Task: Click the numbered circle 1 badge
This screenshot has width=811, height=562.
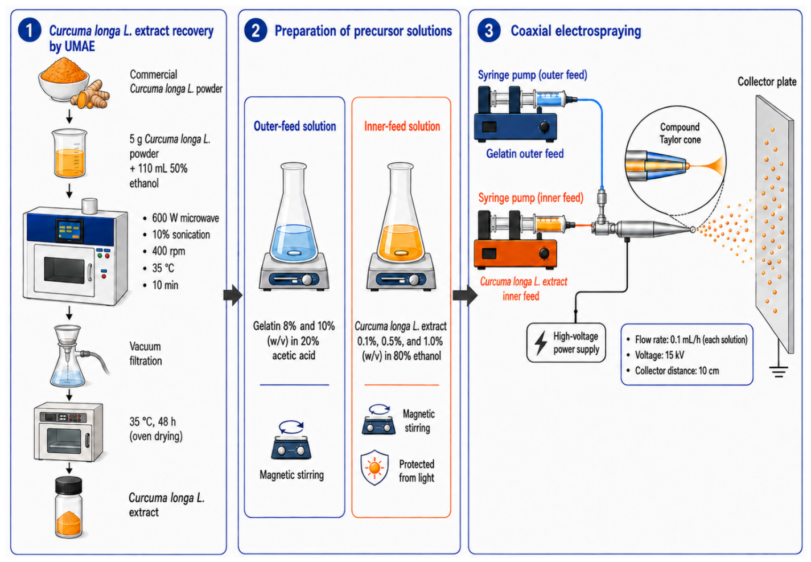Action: pyautogui.click(x=30, y=30)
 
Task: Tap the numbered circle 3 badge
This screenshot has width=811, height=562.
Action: pyautogui.click(x=489, y=30)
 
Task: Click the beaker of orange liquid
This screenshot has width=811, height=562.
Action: pyautogui.click(x=69, y=153)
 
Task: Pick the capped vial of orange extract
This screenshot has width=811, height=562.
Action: pyautogui.click(x=69, y=507)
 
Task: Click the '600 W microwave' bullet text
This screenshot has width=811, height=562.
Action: pyautogui.click(x=186, y=218)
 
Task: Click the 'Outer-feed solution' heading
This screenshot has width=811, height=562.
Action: pyautogui.click(x=295, y=126)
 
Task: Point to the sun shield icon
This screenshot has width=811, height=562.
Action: pyautogui.click(x=374, y=467)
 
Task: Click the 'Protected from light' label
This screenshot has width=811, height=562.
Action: pyautogui.click(x=417, y=471)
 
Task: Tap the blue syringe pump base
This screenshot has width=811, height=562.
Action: pyautogui.click(x=515, y=126)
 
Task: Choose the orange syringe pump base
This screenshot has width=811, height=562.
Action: pyautogui.click(x=515, y=253)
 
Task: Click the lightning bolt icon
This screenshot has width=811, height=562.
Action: pyautogui.click(x=541, y=342)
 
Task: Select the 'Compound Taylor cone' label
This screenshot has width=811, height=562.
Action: pyautogui.click(x=680, y=133)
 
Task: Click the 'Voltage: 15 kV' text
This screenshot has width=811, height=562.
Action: pyautogui.click(x=659, y=355)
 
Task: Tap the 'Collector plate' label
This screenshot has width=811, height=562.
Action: pyautogui.click(x=767, y=81)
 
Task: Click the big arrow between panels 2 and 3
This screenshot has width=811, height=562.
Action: pyautogui.click(x=465, y=295)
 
